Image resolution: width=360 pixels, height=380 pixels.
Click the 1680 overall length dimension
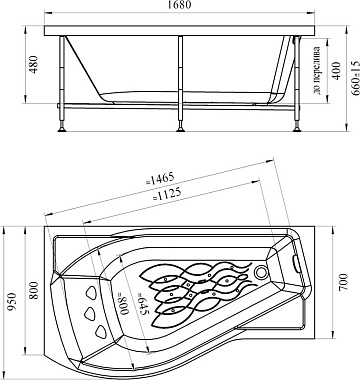(180, 5)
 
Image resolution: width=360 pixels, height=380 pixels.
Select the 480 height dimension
(34, 64)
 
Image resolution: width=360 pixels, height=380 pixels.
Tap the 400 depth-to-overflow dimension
(337, 71)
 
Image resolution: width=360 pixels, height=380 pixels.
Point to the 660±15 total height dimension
(355, 78)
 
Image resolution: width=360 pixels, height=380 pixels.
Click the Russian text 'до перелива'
(317, 70)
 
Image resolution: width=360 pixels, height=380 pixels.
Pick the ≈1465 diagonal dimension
(160, 179)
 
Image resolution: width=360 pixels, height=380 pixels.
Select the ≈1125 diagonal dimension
(167, 194)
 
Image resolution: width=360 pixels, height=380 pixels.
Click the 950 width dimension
(12, 302)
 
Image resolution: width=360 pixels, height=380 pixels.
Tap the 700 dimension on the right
(343, 282)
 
